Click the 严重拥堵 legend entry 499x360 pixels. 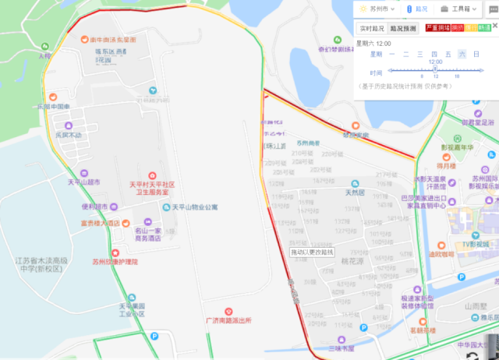(437, 28)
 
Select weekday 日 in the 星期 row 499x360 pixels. (476, 54)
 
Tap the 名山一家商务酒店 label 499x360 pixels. (147, 235)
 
